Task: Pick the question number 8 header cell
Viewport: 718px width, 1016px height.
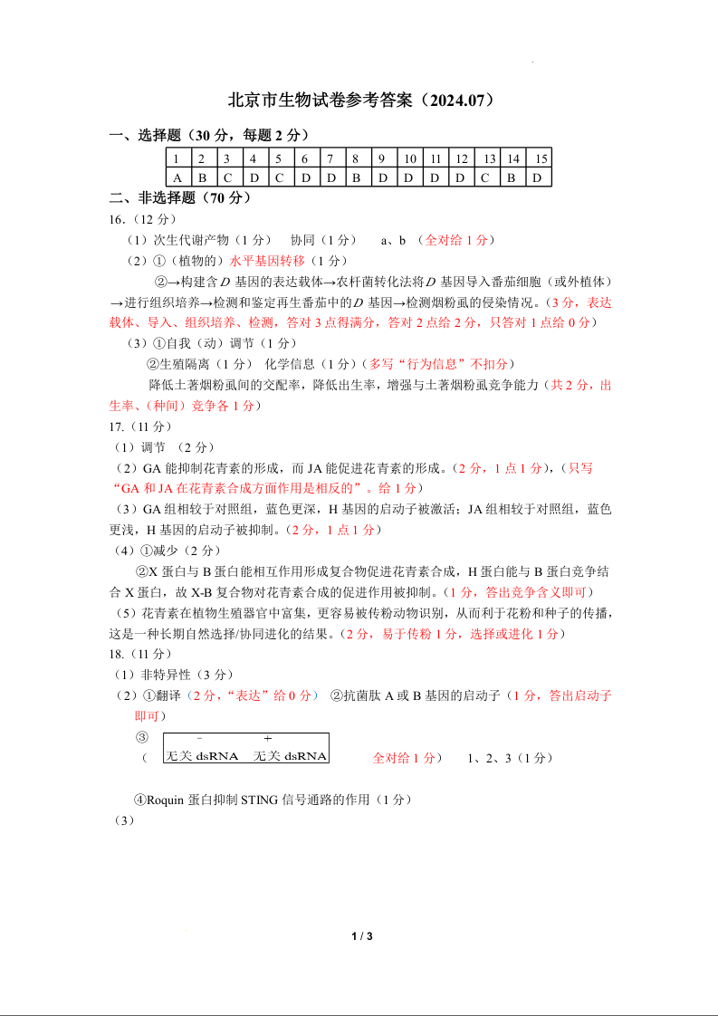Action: (357, 158)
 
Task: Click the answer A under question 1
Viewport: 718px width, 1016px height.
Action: (177, 177)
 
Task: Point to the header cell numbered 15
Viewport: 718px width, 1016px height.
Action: (541, 158)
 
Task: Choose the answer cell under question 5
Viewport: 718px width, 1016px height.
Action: (280, 177)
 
